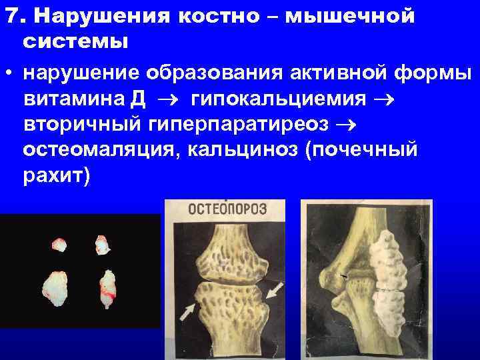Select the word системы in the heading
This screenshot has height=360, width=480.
[x=75, y=41]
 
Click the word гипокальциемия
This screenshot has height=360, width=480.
[x=279, y=99]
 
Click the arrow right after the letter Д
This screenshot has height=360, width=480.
[x=169, y=100]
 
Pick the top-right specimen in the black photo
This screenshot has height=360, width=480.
[x=101, y=245]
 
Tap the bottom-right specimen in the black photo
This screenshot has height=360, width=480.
[x=107, y=288]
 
